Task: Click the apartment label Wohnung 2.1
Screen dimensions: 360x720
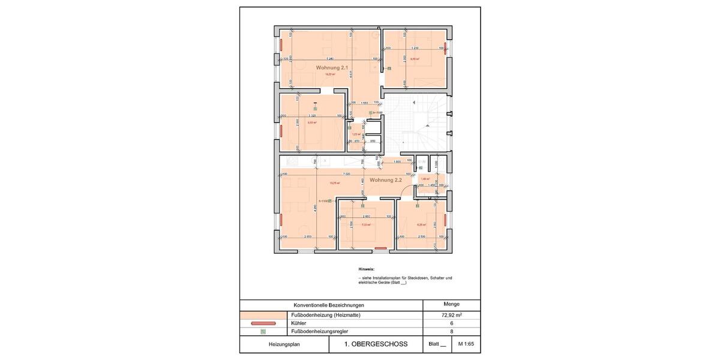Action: [332, 68]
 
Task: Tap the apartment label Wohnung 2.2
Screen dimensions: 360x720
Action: [385, 180]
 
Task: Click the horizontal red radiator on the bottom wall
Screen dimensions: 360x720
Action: [380, 247]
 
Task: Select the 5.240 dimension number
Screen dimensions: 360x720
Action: [329, 58]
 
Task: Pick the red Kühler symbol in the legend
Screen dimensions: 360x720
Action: [263, 323]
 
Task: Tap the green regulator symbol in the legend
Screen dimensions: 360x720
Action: [263, 331]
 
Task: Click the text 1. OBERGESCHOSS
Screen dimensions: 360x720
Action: [376, 344]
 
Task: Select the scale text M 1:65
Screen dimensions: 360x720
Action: [466, 344]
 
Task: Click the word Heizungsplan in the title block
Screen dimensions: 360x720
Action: [284, 344]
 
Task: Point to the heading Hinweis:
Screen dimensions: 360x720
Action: [366, 269]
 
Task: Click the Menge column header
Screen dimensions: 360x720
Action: [451, 304]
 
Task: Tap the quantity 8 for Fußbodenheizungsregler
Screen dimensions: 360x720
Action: [451, 331]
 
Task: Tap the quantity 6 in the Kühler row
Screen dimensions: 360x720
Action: [451, 323]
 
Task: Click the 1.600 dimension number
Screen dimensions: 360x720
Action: [397, 161]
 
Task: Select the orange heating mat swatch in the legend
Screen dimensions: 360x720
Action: [263, 314]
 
